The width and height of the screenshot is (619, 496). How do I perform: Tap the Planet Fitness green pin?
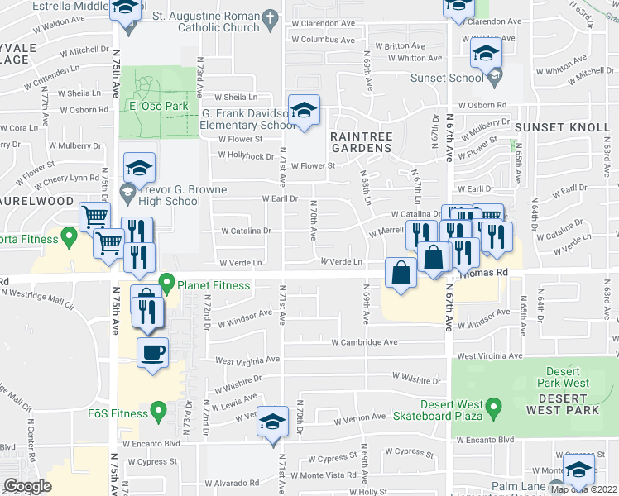(x=166, y=286)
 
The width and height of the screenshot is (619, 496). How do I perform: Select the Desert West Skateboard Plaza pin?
(x=493, y=408)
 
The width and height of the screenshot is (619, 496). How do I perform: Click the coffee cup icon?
(x=152, y=353)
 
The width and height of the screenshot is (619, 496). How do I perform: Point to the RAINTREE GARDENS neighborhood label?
(x=360, y=141)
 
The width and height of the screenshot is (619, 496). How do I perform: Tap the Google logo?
(x=27, y=486)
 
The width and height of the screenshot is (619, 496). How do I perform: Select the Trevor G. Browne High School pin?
(x=127, y=195)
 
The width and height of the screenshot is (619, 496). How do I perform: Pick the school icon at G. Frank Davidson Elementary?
(x=304, y=111)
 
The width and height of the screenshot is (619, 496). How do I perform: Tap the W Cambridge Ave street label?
(x=364, y=341)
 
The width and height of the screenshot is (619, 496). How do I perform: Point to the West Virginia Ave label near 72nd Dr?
(x=247, y=360)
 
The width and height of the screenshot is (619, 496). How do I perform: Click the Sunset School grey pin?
(x=494, y=79)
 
